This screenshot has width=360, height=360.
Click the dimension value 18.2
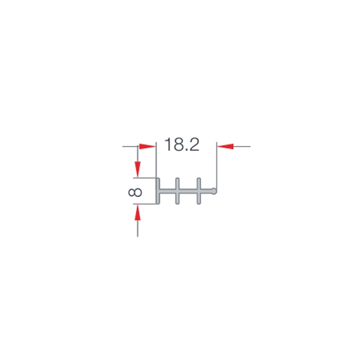click(x=182, y=145)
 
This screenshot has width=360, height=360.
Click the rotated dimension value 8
click(x=135, y=192)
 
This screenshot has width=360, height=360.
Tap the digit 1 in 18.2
click(x=168, y=145)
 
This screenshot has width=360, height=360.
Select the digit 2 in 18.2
click(x=194, y=145)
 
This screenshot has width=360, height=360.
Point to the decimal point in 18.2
click(x=187, y=150)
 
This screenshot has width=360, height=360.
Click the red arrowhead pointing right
click(x=147, y=147)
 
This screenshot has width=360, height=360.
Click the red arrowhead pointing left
click(x=225, y=147)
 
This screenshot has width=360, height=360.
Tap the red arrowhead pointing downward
click(x=137, y=170)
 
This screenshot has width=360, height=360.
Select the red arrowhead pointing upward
click(x=137, y=212)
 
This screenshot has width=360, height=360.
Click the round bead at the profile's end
click(x=214, y=191)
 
